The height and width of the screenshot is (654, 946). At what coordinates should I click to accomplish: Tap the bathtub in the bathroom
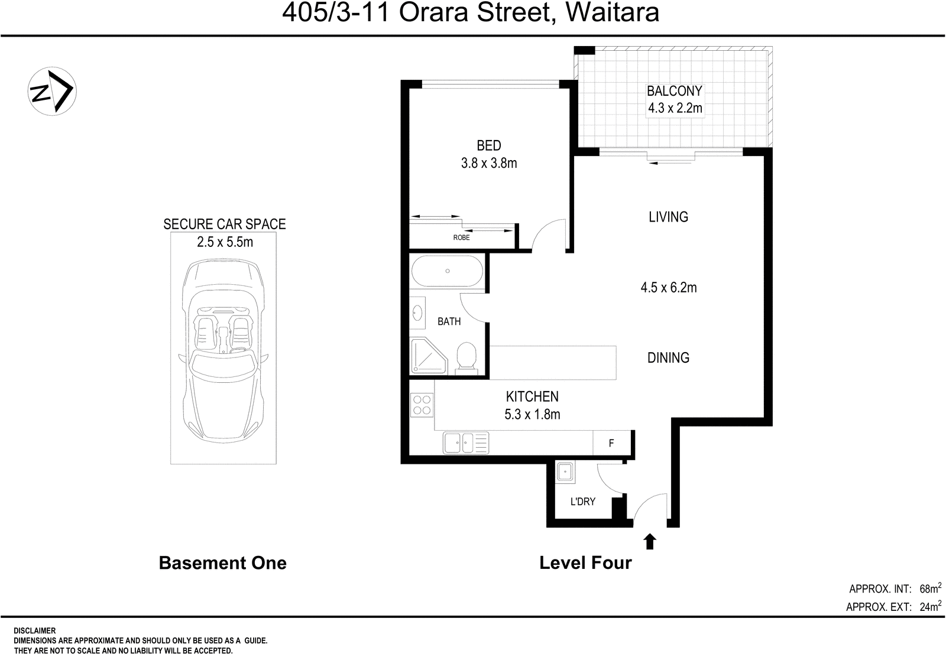click(447, 271)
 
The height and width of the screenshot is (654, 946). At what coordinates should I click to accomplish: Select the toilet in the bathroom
click(467, 357)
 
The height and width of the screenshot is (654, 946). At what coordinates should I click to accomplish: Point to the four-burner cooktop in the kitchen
click(422, 405)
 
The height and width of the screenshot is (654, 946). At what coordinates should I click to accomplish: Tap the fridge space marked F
click(611, 442)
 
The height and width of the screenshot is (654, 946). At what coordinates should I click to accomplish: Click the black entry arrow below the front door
click(650, 541)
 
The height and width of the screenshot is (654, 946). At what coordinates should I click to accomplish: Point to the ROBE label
click(461, 237)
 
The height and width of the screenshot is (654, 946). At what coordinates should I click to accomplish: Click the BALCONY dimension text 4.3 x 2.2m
click(675, 108)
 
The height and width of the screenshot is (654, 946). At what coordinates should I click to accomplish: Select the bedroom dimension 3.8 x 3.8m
click(489, 163)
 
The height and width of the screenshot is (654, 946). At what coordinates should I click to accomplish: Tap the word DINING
click(668, 357)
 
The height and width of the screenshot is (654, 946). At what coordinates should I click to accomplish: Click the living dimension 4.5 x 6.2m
click(668, 288)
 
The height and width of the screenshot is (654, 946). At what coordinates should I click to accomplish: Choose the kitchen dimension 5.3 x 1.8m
click(532, 414)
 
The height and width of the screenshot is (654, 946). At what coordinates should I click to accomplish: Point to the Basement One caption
click(222, 563)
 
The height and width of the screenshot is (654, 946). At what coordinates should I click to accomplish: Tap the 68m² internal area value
click(929, 588)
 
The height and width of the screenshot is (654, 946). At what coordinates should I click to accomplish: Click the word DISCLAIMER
click(34, 631)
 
